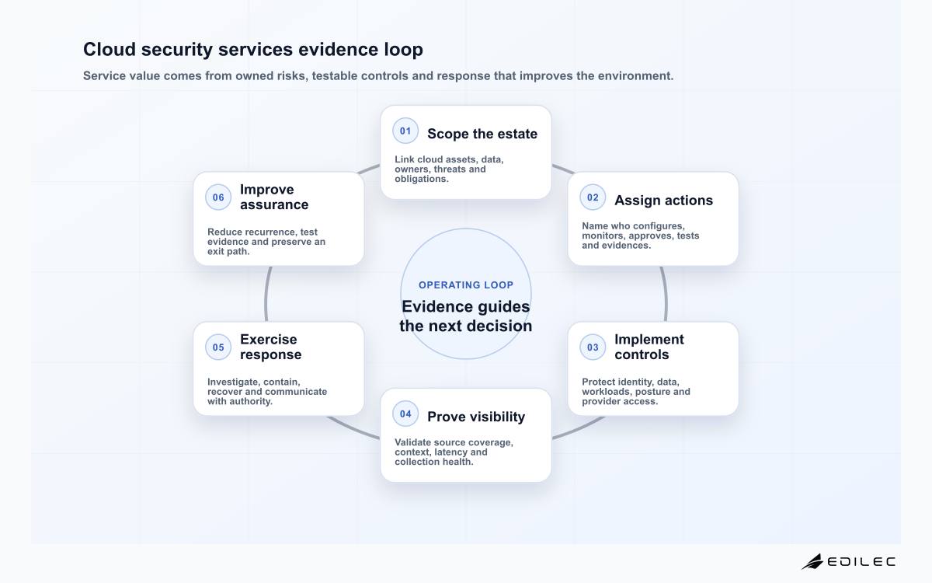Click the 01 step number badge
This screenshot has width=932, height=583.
coord(405,131)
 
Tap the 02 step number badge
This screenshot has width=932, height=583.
coord(593,197)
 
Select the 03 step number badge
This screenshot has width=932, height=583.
coord(593,347)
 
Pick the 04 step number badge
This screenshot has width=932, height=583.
coord(405,414)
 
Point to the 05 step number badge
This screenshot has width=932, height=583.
coord(218,347)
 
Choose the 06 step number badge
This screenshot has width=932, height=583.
coord(218,197)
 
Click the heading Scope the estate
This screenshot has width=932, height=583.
coord(482,134)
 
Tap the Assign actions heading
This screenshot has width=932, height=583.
coord(663,201)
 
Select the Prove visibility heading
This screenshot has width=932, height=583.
coord(476,417)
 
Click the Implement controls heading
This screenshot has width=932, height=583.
coord(649,347)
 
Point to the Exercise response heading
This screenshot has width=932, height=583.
coord(270,347)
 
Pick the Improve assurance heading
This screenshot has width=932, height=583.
coord(274,197)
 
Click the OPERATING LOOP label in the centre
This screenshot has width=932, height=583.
coord(466,285)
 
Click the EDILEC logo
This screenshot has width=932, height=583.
coord(848,562)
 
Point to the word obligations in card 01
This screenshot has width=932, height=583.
coord(422,179)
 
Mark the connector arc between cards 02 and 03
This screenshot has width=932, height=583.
coord(666,294)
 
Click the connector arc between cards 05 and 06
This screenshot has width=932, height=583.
coord(266,294)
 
